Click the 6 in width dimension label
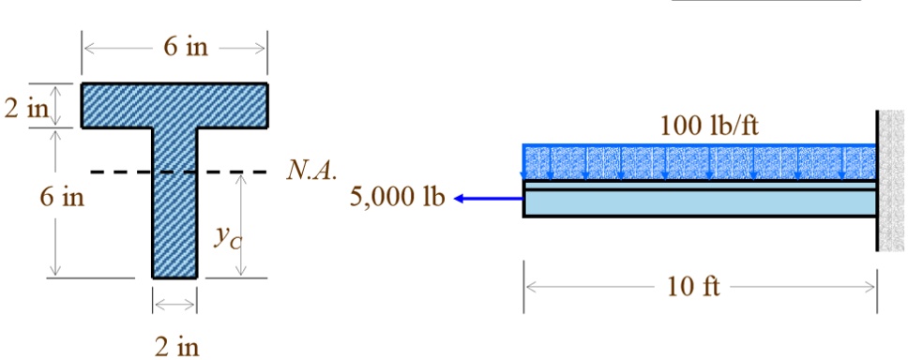(186, 48)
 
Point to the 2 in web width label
(175, 348)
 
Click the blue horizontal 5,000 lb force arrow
(489, 198)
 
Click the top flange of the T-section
(175, 105)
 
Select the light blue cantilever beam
(700, 202)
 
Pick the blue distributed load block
(700, 161)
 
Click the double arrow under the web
(174, 304)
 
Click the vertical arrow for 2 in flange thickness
(55, 105)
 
